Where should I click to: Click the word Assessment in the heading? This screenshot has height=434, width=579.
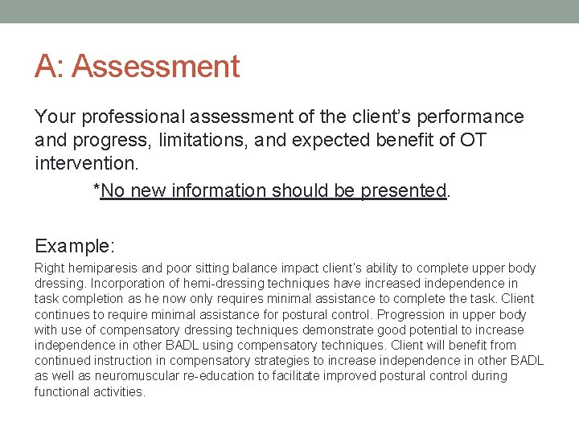156,66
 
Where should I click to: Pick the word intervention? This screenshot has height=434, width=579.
85,164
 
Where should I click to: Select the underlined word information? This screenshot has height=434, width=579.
217,190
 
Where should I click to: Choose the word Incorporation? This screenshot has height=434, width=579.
129,284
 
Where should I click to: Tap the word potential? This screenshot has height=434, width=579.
395,330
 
